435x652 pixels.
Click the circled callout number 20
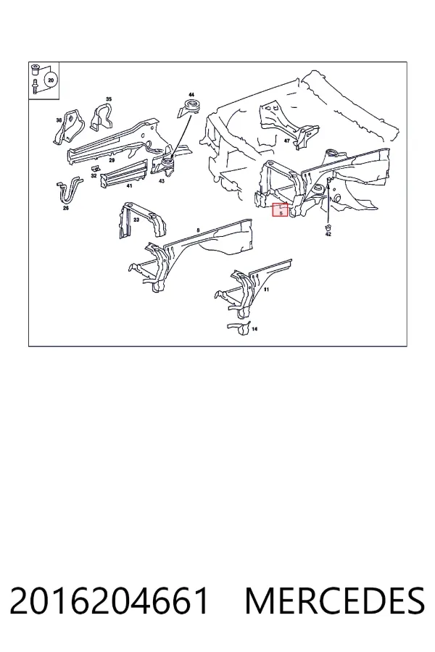click(x=51, y=80)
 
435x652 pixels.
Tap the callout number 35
click(x=109, y=99)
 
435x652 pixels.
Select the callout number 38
click(x=59, y=120)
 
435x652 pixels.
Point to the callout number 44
click(x=191, y=95)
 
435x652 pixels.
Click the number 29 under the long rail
click(x=112, y=160)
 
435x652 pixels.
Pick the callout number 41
click(x=130, y=186)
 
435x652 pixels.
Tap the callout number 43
click(x=162, y=181)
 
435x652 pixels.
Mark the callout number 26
click(x=66, y=209)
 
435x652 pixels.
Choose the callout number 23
click(x=136, y=220)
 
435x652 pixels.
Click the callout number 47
click(x=287, y=141)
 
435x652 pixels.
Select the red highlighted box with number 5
click(x=280, y=209)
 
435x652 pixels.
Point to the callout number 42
click(x=328, y=234)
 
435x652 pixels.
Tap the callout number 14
click(x=254, y=329)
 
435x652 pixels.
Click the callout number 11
click(x=266, y=289)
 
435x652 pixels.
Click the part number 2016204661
click(x=109, y=601)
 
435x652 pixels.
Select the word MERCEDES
click(x=336, y=601)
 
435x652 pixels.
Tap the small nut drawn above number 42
click(x=328, y=227)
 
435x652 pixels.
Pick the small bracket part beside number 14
click(x=239, y=327)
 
